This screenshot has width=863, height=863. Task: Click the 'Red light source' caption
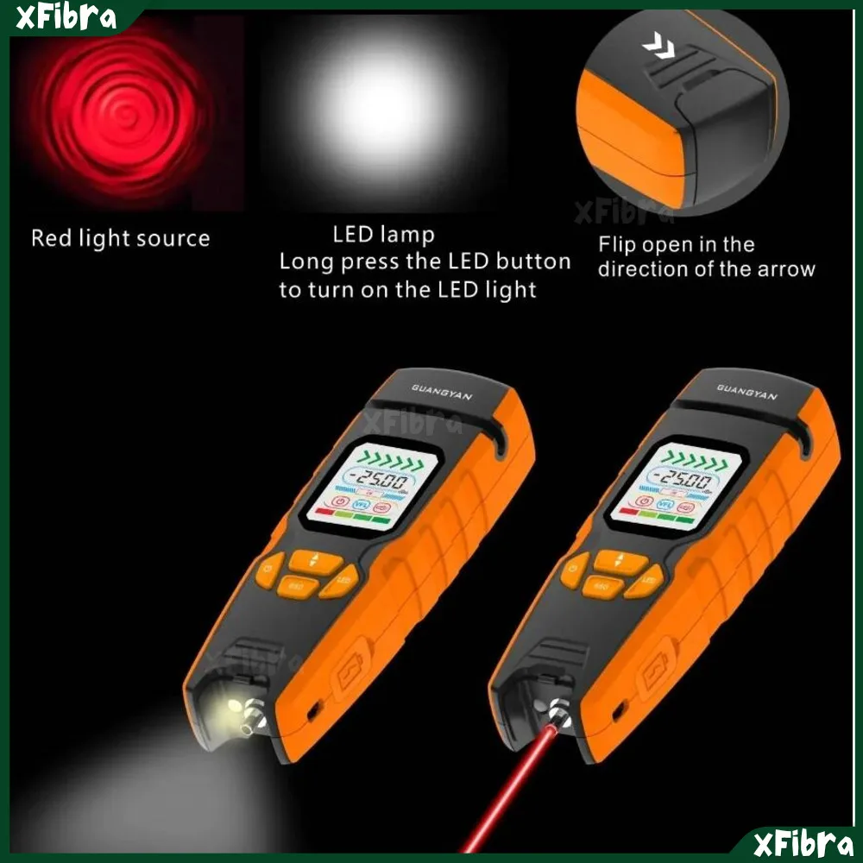tap(121, 238)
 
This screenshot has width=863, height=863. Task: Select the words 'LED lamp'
tap(384, 234)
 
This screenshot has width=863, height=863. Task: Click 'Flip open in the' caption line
tap(677, 244)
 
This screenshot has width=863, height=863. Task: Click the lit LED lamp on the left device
tap(235, 709)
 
